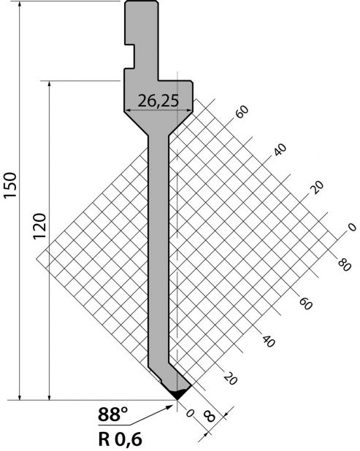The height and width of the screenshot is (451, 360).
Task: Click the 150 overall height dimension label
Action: pos(10,185)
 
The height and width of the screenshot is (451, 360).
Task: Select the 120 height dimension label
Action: pos(39,226)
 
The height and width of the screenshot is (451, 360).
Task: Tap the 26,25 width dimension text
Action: pos(158,101)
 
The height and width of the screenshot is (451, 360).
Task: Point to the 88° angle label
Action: pos(112,415)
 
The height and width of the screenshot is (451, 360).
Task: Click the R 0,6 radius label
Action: pos(120,439)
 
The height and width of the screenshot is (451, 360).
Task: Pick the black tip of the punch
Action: pos(177,394)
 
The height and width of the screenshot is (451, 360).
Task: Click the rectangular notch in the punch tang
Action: pos(130,57)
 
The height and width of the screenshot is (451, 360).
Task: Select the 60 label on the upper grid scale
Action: pos(242,112)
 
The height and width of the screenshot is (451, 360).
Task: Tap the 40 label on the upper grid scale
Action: pos(280,150)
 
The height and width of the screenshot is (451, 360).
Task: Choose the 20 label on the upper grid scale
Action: pos(317,188)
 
